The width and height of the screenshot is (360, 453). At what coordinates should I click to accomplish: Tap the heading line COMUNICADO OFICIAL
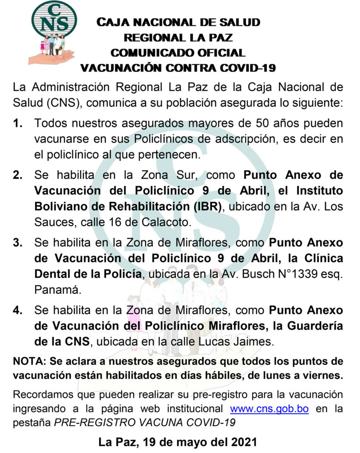tap(178, 53)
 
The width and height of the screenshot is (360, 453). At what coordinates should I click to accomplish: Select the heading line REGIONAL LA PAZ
tap(178, 38)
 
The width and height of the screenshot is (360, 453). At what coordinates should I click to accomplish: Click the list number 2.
tap(18, 175)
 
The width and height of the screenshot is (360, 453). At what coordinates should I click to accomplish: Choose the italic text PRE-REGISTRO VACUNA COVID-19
tap(144, 422)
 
